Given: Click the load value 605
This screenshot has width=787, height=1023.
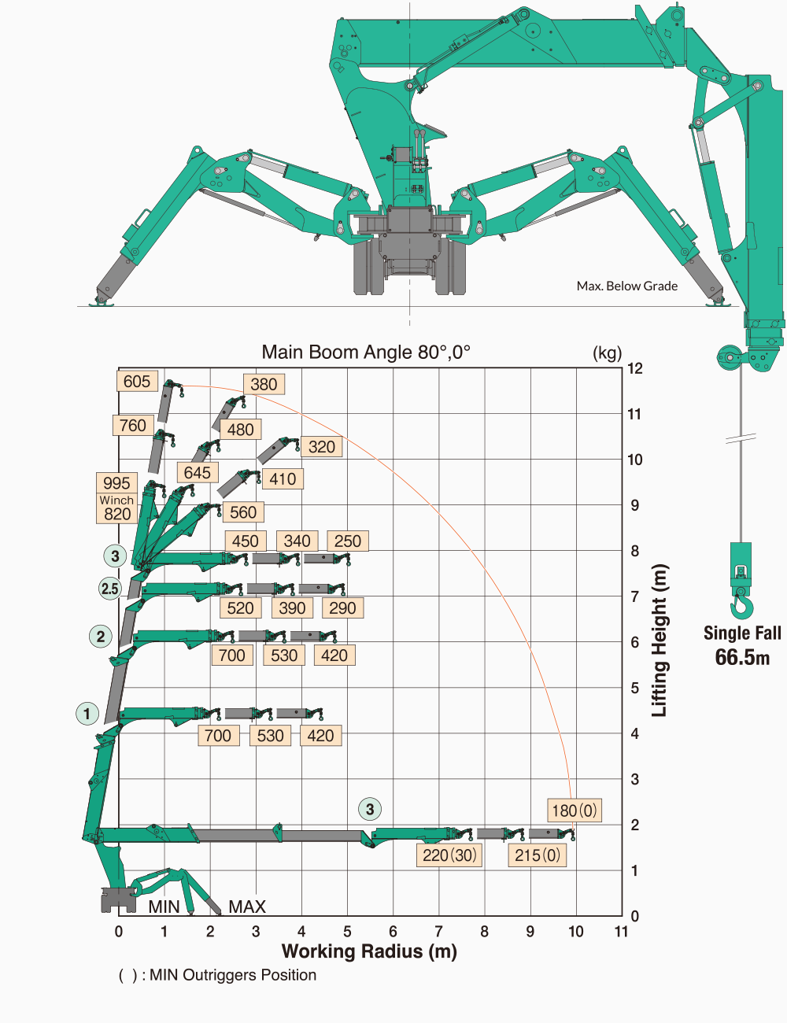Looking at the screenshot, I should (137, 382).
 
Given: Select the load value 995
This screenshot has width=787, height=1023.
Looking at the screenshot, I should (116, 483).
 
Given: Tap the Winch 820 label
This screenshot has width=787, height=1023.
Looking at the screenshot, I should (116, 508).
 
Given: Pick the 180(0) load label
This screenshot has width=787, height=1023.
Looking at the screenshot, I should (575, 811).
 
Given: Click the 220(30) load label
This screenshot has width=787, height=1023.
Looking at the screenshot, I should (449, 855).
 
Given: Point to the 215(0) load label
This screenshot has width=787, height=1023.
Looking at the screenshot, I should (538, 855).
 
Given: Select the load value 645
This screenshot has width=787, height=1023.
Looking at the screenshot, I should (198, 472).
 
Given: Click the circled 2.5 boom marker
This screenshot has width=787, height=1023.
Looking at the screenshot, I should (110, 588).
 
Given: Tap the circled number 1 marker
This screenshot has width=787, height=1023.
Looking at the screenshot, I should (87, 714).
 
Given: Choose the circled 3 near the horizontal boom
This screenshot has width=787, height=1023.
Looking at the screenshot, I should (370, 809).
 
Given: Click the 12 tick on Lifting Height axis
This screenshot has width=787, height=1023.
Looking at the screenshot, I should (635, 368).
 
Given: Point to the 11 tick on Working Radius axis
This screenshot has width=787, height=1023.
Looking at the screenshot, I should (622, 932).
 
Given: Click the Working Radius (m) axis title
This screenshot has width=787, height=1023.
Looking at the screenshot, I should (369, 951).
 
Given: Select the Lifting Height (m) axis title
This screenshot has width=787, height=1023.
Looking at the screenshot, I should (660, 641).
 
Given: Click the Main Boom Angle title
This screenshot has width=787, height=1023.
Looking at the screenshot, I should (366, 352).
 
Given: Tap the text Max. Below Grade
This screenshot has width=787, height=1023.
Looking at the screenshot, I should (626, 286).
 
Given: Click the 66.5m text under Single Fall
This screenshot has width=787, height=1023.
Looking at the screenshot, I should (742, 658).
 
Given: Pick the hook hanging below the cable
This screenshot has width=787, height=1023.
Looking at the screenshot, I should (741, 604).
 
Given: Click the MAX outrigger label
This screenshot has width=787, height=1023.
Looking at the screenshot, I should (247, 907).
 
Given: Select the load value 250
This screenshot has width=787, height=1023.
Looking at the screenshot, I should (348, 541).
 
